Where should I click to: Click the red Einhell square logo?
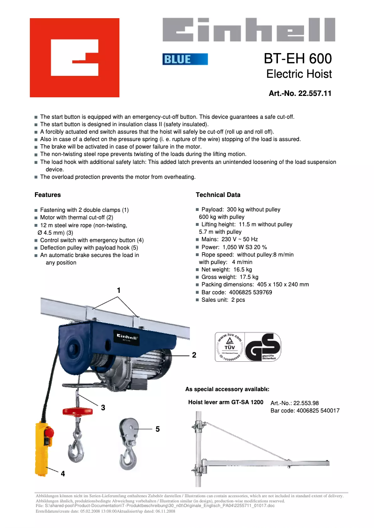pyautogui.click(x=75, y=58)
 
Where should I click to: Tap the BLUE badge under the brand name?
pyautogui.click(x=185, y=59)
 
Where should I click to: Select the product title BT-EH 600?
pyautogui.click(x=298, y=59)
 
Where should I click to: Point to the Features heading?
pyautogui.click(x=48, y=195)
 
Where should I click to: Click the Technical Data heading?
pyautogui.click(x=218, y=195)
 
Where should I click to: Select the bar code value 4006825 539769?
pyautogui.click(x=251, y=292)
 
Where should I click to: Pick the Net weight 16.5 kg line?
pyautogui.click(x=227, y=270)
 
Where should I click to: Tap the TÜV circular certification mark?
pyautogui.click(x=229, y=347)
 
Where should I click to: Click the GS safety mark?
pyautogui.click(x=263, y=347)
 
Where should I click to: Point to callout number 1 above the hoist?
pyautogui.click(x=118, y=291)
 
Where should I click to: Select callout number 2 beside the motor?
pyautogui.click(x=194, y=355)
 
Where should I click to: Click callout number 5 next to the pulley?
pyautogui.click(x=158, y=429)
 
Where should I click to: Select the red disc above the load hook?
pyautogui.click(x=78, y=411)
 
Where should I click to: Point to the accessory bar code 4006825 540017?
pyautogui.click(x=305, y=411)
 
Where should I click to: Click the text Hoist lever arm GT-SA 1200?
pyautogui.click(x=225, y=402)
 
